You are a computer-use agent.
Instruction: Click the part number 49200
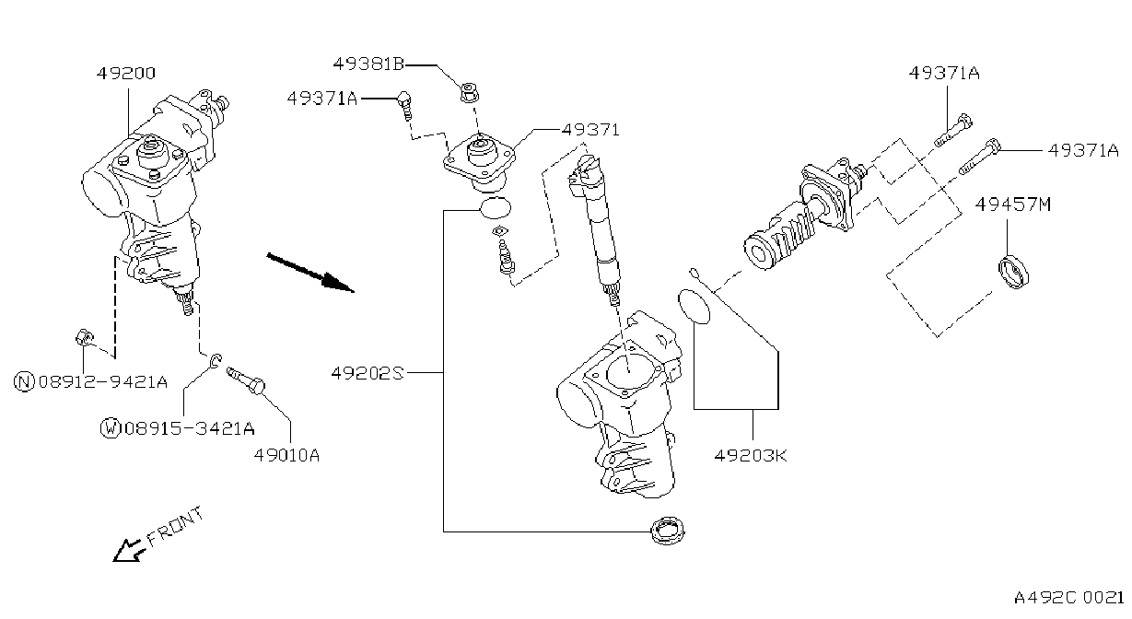pos(126,74)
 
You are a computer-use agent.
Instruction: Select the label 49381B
pos(369,64)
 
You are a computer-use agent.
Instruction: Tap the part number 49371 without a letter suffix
pos(590,130)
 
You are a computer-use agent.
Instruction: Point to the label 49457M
pos(1013,204)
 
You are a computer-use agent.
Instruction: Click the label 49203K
pos(751,456)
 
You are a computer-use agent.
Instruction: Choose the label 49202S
pos(368,373)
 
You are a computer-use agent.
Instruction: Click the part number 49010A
pos(286,456)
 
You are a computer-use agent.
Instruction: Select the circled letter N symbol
pos(24,381)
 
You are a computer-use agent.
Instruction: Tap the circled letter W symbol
pos(111,428)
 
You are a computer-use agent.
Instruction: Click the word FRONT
pos(175,527)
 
